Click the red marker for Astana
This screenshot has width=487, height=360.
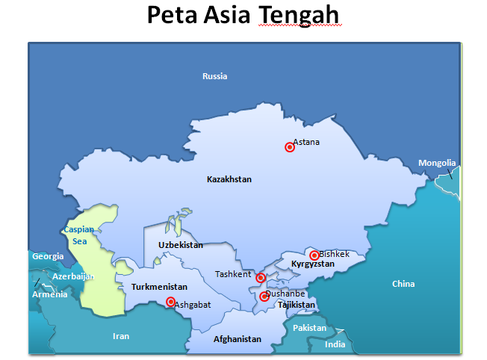[x=290, y=147]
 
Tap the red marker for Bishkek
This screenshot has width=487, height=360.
[x=314, y=255]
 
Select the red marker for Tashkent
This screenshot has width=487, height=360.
[x=261, y=278]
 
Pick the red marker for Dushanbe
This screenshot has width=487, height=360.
[x=264, y=297]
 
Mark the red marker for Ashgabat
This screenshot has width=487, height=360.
[x=170, y=302]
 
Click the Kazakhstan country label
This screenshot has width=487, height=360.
[x=229, y=179]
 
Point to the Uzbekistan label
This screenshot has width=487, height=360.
[x=181, y=245]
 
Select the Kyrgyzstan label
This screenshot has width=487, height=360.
[x=313, y=264]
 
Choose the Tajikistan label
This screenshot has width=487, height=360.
[x=297, y=305]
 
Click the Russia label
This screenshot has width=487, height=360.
[x=215, y=76]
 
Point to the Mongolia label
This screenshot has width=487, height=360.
[x=437, y=163]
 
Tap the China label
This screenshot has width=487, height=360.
[x=403, y=284]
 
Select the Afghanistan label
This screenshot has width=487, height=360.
[x=238, y=339]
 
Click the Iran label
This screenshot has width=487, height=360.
[x=121, y=336]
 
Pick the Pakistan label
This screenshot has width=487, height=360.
[x=309, y=328]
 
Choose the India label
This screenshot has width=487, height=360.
[x=335, y=344]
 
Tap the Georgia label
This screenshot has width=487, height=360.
[x=47, y=256]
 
